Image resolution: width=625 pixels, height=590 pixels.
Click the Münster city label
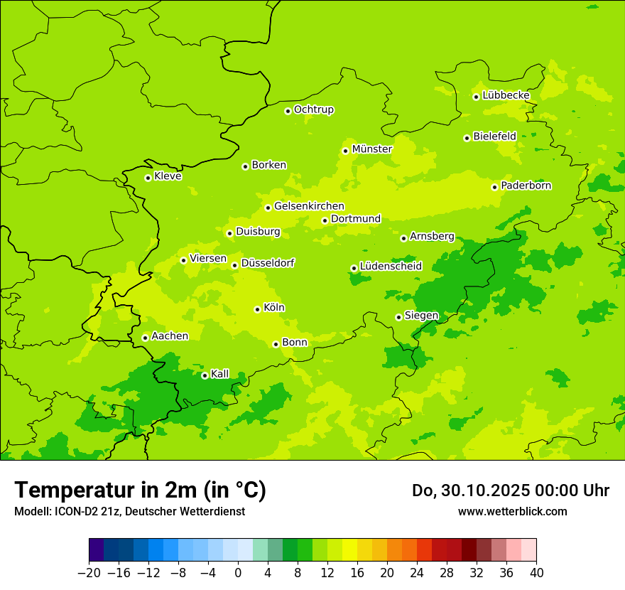tap(372, 149)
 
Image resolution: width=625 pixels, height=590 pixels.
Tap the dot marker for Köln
tap(257, 309)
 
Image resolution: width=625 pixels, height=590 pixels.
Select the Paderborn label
tap(526, 186)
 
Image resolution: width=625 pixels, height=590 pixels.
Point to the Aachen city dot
tap(145, 338)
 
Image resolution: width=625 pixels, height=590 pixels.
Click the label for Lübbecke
tap(506, 95)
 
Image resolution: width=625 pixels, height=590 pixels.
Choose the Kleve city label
tap(168, 176)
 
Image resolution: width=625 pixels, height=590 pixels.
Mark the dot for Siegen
tap(398, 317)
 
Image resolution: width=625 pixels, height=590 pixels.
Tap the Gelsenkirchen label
tap(309, 206)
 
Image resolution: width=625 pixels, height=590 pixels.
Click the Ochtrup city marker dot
tap(288, 111)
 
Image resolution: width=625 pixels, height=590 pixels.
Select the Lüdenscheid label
tap(391, 267)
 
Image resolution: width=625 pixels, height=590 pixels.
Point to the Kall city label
tap(220, 374)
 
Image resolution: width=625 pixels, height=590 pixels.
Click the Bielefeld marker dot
tap(467, 138)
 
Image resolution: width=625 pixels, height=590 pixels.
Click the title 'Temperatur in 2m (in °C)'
tap(140, 490)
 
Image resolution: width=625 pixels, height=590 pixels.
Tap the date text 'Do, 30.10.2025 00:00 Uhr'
tap(511, 490)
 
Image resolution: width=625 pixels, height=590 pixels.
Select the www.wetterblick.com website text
tap(512, 511)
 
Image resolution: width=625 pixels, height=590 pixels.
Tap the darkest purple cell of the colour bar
tap(96, 550)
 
